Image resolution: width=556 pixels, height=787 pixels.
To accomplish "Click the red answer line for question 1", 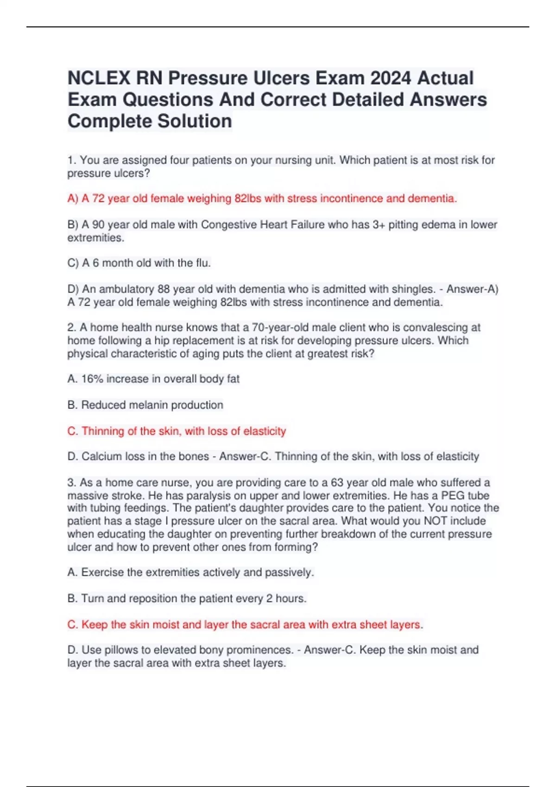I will click(x=262, y=199).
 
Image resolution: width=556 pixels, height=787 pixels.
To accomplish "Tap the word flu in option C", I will click(x=202, y=263).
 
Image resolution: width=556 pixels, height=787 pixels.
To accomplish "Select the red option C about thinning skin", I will click(x=177, y=431).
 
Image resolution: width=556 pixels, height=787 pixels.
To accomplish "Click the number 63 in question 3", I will click(x=337, y=483).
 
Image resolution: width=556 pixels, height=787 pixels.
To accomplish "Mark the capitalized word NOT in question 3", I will click(x=436, y=521).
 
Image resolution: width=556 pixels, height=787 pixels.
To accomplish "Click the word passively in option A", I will click(x=289, y=573).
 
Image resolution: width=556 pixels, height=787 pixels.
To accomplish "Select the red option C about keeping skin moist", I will click(x=245, y=625).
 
